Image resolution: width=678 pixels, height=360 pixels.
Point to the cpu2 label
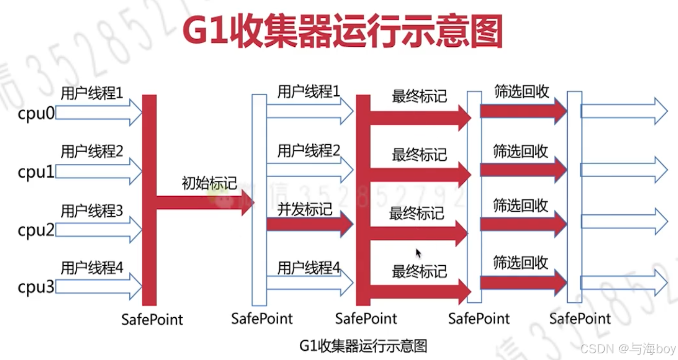click(36, 230)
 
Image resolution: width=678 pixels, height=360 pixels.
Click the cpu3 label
click(36, 286)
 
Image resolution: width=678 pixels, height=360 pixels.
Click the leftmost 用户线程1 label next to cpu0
click(92, 93)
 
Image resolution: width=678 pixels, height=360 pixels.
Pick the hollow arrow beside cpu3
click(98, 286)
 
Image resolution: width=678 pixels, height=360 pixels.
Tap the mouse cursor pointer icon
click(418, 253)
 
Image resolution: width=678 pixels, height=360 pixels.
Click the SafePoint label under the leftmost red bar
click(152, 319)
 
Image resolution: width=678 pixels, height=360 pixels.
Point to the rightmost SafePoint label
click(580, 318)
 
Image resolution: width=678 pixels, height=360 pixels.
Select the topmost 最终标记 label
click(419, 96)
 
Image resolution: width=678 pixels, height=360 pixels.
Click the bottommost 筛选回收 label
click(520, 263)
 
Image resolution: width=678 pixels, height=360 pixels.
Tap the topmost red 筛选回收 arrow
click(523, 110)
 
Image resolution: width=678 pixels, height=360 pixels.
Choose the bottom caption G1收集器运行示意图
click(363, 345)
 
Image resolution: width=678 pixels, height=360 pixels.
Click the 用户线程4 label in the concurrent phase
click(309, 268)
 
